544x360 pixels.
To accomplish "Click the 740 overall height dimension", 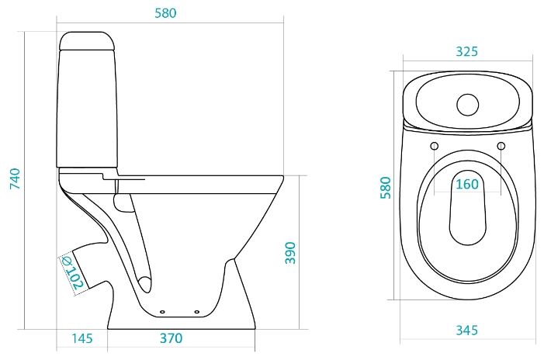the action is (16, 178).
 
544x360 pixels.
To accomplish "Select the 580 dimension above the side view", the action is (165, 13).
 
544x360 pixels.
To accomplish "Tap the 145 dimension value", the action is (82, 338).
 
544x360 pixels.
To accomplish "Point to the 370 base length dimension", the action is (171, 338).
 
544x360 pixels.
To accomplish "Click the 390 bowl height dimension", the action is (290, 253).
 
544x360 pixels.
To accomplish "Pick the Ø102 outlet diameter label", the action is (72, 273).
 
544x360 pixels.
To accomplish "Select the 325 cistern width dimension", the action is (466, 51).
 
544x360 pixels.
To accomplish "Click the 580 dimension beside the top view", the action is (386, 188).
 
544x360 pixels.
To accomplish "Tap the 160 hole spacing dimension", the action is (467, 184).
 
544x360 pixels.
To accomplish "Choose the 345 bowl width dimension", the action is (466, 331).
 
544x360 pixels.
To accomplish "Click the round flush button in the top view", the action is (468, 105).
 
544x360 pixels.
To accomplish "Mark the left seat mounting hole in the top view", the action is (435, 146).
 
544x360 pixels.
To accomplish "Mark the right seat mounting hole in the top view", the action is (501, 146).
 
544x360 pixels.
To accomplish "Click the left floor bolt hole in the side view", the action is (162, 312).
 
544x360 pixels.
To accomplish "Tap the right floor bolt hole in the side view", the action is (196, 312).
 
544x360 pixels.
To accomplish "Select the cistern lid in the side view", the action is (87, 41).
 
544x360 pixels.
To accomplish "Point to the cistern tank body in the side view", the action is (87, 109).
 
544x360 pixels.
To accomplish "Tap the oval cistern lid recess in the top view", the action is (468, 102).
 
